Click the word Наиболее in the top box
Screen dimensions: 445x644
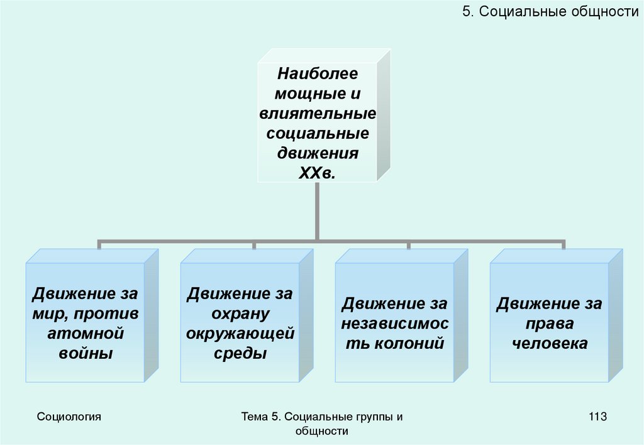[318, 74]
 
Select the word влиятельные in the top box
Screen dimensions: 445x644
[318, 114]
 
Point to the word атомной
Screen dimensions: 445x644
[86, 333]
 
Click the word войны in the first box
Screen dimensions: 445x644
[86, 353]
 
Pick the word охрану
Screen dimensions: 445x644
[240, 314]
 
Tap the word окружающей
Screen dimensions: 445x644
[240, 333]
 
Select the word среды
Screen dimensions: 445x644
[240, 353]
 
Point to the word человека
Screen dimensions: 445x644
[550, 343]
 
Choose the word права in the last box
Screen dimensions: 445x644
[550, 324]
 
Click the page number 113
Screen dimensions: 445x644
[597, 416]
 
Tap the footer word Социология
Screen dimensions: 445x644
[69, 416]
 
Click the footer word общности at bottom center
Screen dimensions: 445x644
[321, 431]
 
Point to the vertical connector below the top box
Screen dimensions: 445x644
[317, 211]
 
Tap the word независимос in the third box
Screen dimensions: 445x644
[395, 324]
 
